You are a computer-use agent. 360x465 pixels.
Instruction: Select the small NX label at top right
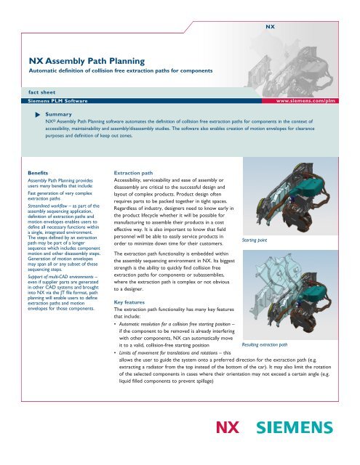click(268, 25)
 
